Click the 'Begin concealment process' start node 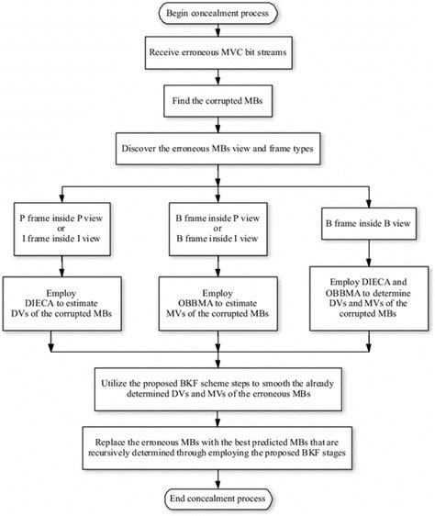217,14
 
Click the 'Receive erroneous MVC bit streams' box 217,54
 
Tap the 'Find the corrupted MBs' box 217,98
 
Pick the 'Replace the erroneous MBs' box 217,444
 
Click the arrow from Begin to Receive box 217,32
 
